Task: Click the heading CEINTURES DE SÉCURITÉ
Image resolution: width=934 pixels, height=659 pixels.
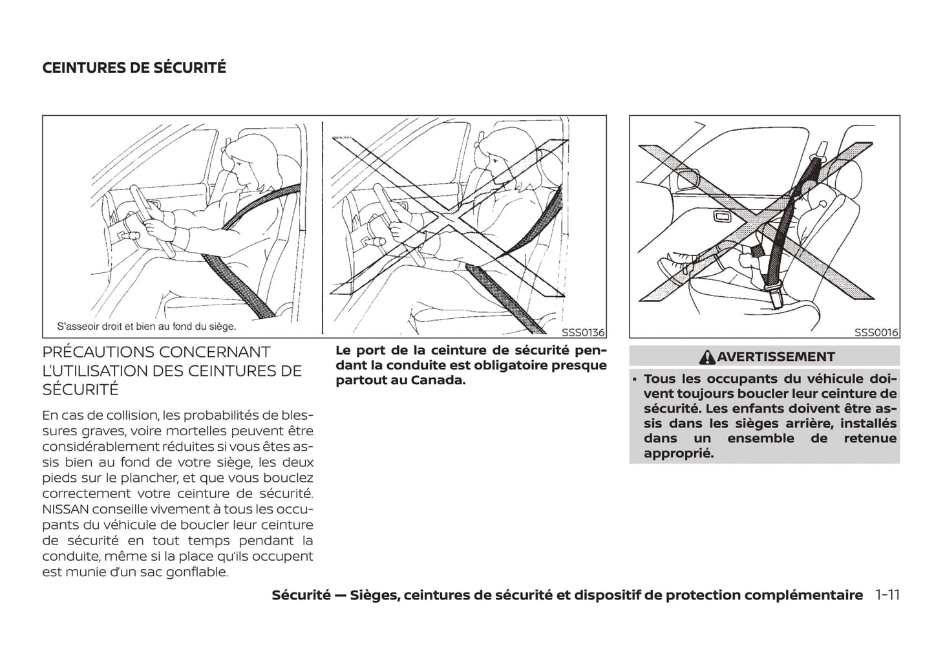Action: tap(134, 68)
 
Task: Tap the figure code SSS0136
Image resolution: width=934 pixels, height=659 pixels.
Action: tap(582, 332)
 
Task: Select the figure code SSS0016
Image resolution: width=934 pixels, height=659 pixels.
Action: tap(876, 332)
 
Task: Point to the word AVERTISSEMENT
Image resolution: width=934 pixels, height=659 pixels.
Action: tap(776, 357)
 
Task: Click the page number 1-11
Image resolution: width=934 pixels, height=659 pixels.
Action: tap(887, 595)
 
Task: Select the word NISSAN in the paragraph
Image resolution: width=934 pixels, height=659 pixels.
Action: tap(67, 510)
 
